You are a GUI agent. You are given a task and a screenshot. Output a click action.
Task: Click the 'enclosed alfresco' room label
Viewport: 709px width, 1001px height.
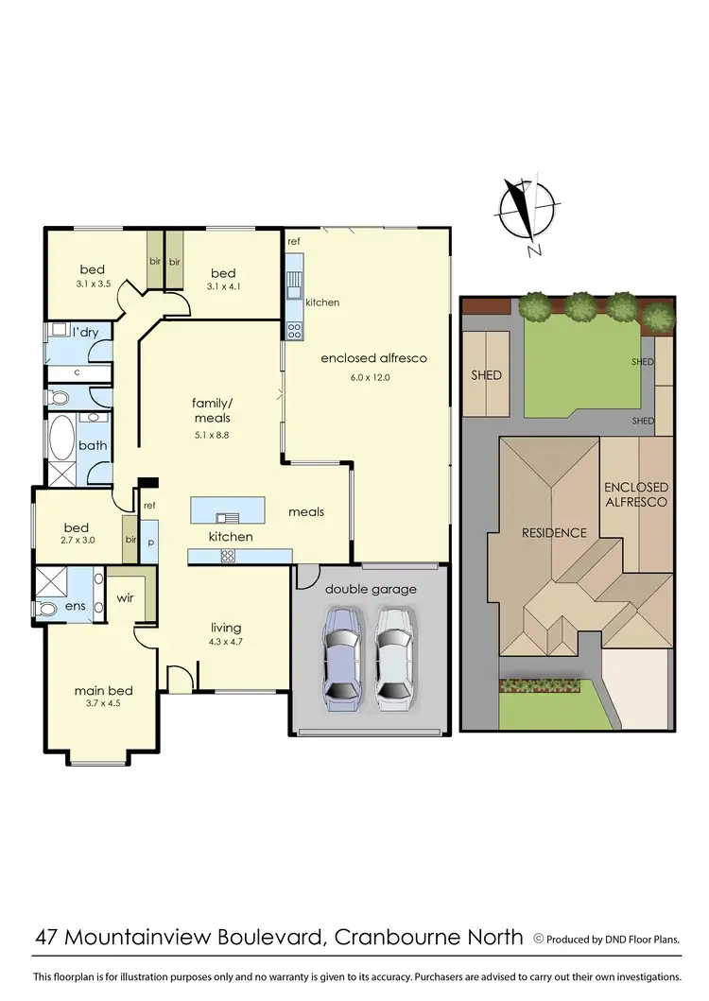click(373, 358)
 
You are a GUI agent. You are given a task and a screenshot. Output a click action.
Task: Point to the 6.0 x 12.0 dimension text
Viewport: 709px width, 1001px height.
click(369, 377)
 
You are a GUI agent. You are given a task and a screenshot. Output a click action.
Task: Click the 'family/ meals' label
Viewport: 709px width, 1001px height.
click(212, 410)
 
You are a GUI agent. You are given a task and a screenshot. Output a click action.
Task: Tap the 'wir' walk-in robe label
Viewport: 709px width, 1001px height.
click(124, 598)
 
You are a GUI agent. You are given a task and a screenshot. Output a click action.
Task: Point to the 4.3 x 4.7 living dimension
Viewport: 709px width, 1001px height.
click(226, 644)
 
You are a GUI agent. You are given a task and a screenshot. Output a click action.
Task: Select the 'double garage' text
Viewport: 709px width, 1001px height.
click(371, 589)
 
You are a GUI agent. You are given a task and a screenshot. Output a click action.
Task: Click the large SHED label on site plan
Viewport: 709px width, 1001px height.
click(488, 375)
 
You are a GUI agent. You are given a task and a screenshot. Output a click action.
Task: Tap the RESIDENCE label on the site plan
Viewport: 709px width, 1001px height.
click(554, 532)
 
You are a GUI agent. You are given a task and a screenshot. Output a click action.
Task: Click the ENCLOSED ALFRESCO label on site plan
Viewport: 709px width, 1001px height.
click(636, 494)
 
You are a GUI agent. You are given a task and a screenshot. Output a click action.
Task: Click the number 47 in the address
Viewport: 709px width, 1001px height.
click(50, 937)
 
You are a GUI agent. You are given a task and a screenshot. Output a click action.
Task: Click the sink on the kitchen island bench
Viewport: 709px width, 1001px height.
click(227, 517)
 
